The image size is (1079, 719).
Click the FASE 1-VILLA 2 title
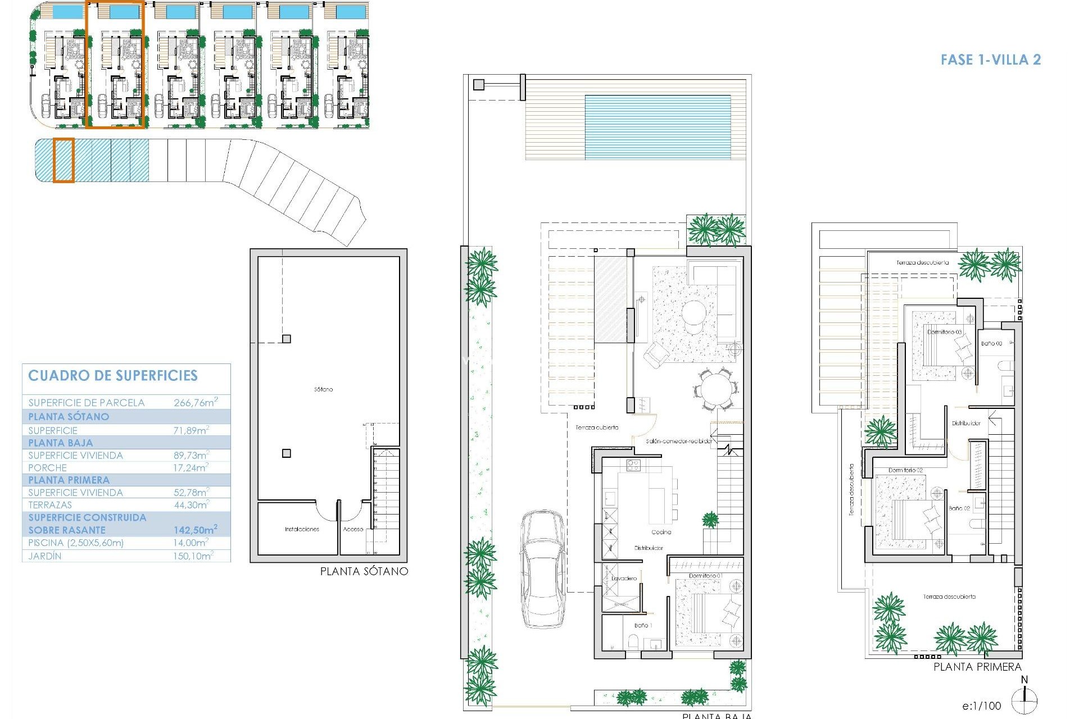(x=990, y=60)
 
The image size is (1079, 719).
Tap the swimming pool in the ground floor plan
(x=658, y=127)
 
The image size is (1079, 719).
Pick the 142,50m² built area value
(x=195, y=530)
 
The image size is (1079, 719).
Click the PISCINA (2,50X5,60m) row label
(x=76, y=543)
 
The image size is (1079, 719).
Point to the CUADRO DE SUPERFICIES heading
(x=113, y=376)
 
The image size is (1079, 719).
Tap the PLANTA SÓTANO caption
(x=364, y=571)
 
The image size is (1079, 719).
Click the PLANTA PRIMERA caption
(x=977, y=667)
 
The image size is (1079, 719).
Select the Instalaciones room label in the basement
(x=302, y=529)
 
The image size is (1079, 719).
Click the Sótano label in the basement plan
(x=323, y=389)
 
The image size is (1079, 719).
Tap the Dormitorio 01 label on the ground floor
(x=705, y=576)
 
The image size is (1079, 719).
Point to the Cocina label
(x=661, y=532)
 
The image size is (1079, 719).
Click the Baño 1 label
(x=642, y=625)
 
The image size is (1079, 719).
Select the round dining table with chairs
(x=715, y=389)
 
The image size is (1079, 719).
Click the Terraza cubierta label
(x=597, y=427)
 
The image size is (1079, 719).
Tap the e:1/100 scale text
(x=981, y=706)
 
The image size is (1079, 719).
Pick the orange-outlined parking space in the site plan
(x=64, y=160)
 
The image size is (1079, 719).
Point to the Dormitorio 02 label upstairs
(x=905, y=470)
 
